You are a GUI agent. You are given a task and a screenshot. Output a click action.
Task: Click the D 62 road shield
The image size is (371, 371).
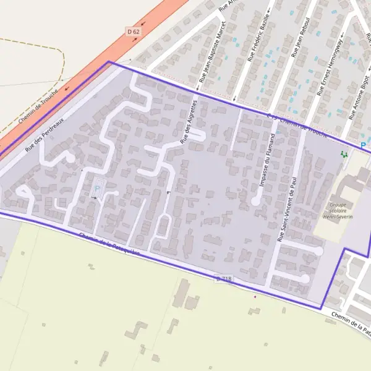coord(132,31)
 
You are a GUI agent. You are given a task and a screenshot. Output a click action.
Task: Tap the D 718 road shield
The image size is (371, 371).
coord(224,279)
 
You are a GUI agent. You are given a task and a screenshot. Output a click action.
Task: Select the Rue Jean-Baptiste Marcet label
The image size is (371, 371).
coord(212,52)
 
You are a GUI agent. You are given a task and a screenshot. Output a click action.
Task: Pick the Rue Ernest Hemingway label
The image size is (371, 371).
coord(333,64)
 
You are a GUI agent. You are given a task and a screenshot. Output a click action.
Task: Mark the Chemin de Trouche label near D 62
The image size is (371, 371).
coord(38,106)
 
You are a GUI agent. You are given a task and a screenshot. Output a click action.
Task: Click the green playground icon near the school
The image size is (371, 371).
coord(344,154)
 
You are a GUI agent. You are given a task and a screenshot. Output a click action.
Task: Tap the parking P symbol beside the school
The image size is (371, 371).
coord(363,145)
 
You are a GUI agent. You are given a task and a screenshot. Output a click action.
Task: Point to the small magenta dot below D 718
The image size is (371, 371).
coord(255,296)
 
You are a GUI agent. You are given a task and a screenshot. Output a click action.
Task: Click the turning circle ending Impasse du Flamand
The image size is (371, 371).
coord(255,202)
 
